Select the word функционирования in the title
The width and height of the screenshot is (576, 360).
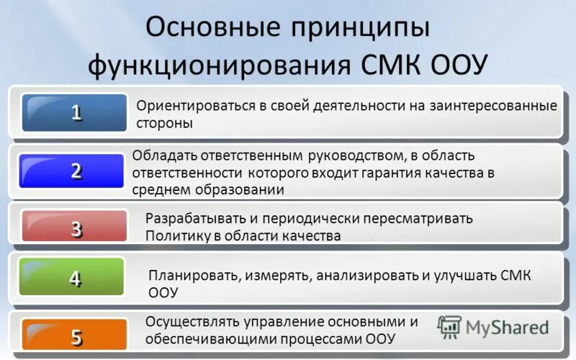(220, 68)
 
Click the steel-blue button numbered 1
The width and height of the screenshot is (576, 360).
(75, 112)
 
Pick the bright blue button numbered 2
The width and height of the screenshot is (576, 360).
(75, 171)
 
